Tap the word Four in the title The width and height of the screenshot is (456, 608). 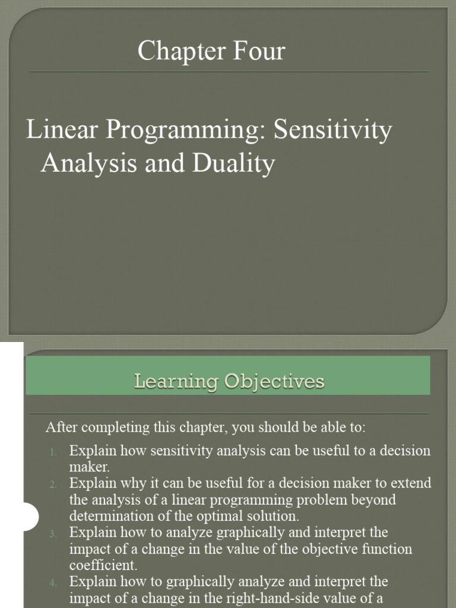tap(256, 51)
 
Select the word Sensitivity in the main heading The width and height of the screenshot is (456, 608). tap(332, 131)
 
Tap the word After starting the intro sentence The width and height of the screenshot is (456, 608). tap(61, 427)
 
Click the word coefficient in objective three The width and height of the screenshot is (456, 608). tap(103, 565)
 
